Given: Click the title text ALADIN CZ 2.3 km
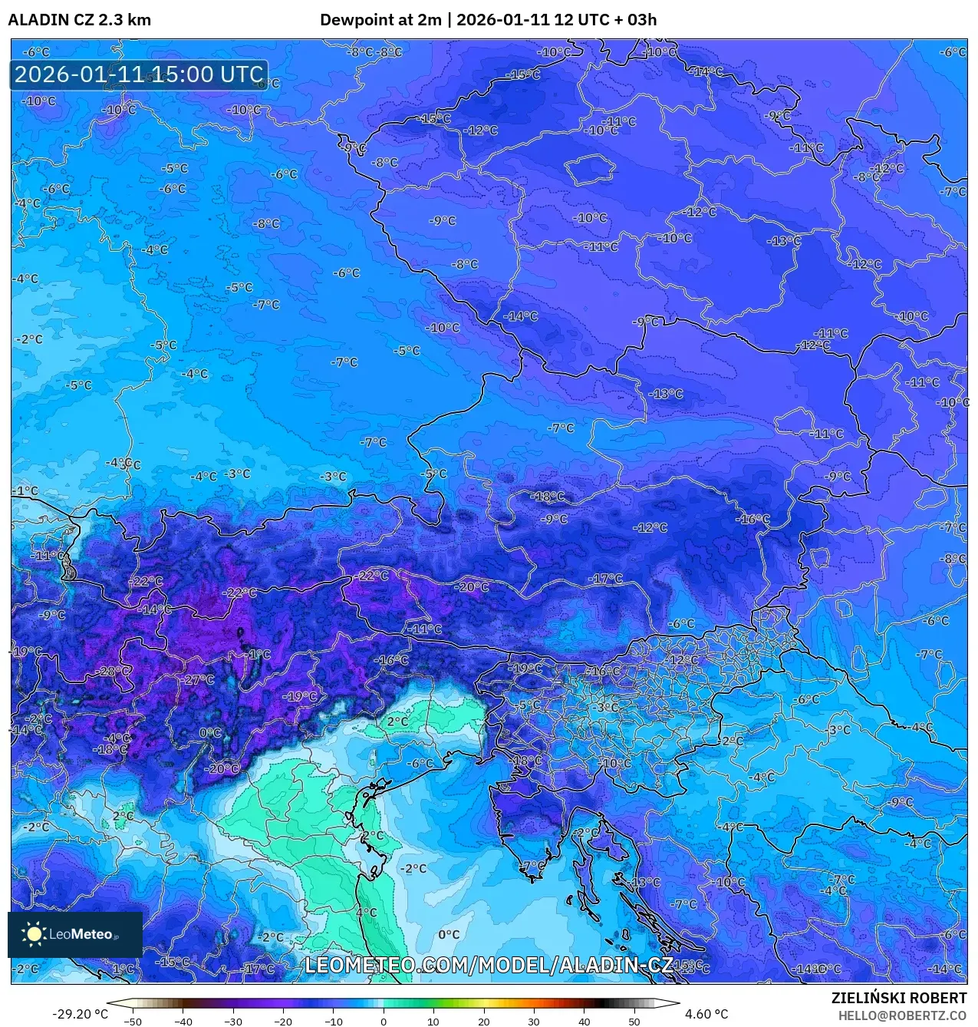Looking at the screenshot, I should point(79,20).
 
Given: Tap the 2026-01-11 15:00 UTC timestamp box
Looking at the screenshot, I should point(139,74).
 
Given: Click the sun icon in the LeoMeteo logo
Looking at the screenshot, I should point(34,933).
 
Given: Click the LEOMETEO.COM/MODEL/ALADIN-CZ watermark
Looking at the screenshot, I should point(489,965).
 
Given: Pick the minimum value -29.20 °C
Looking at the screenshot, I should point(80,1014).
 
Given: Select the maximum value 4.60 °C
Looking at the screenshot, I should point(706,1014).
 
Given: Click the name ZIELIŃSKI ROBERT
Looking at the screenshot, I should point(899,998).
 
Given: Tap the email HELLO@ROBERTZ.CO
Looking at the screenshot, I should point(902,1015).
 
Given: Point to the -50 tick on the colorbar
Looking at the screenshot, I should point(133,1022).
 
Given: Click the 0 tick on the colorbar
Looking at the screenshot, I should point(384,1022).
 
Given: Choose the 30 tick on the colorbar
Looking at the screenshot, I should point(534,1022).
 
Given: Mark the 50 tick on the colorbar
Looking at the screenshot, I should point(634,1022).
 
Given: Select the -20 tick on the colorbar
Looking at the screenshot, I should point(283,1022).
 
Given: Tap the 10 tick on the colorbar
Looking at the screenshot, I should point(433,1022).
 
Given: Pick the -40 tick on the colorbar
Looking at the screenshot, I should point(183,1022).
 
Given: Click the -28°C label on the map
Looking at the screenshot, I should point(113,671).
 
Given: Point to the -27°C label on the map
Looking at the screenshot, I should point(198,679).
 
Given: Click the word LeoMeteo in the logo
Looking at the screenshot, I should point(81,934).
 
